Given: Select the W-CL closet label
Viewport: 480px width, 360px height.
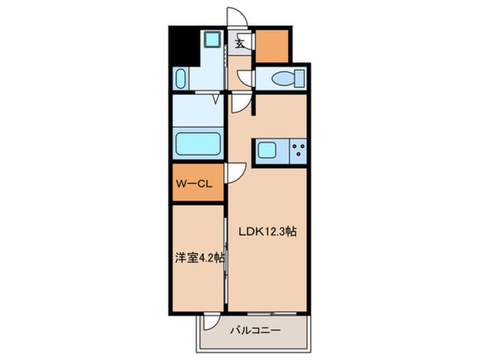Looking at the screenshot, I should tap(193, 183).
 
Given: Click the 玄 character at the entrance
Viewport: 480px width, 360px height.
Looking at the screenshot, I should tap(241, 41).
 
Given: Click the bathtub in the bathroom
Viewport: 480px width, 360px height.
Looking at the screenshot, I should tap(198, 144).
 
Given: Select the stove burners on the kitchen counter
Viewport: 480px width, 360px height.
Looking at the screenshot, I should tap(298, 150).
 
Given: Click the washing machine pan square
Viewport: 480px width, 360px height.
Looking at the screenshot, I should tap(213, 39).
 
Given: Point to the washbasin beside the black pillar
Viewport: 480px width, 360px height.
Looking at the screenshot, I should tap(180, 79).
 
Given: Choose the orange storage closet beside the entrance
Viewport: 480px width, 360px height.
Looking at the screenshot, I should tap(272, 45).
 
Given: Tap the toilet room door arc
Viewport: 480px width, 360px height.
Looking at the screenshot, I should tap(246, 78).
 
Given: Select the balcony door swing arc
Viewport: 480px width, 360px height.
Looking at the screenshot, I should tap(212, 321).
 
